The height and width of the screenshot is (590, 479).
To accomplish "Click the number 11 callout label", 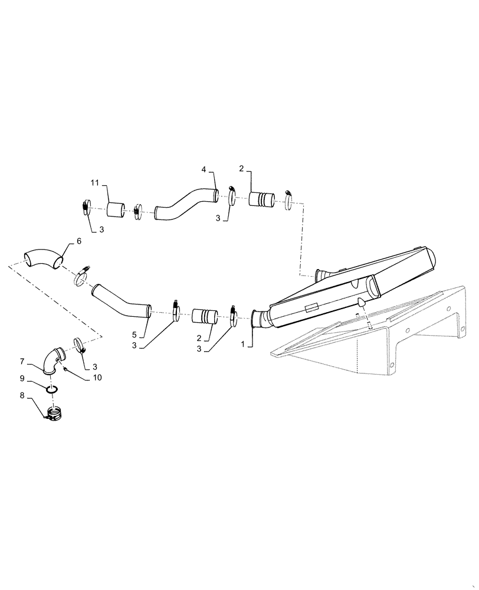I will tap(95, 181).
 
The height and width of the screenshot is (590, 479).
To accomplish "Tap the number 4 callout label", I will tap(204, 169).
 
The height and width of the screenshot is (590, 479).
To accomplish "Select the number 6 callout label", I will tap(78, 241).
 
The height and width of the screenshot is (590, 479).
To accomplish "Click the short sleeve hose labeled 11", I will tap(116, 209).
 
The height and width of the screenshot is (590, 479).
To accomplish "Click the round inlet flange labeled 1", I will tap(257, 319).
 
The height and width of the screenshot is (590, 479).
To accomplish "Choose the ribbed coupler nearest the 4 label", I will tap(260, 199).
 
